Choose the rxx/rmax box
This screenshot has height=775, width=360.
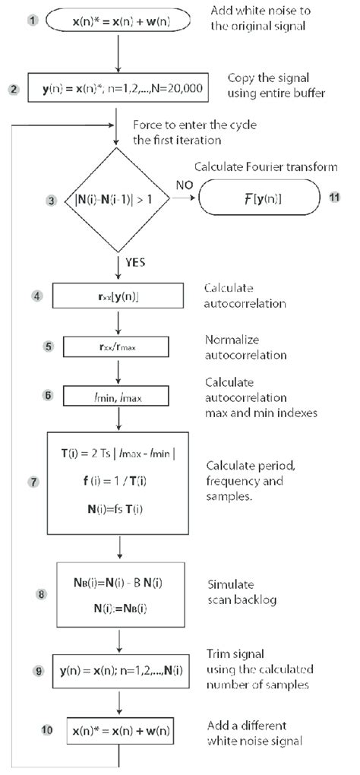[x=117, y=347]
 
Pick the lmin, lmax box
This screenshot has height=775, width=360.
[x=117, y=396]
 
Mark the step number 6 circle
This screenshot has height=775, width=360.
[x=51, y=395]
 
